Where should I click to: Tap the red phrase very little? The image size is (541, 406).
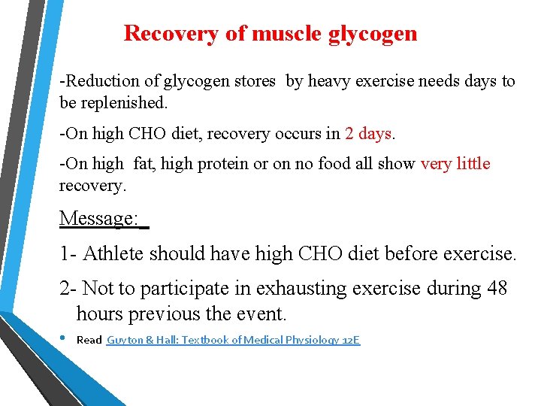[455, 164]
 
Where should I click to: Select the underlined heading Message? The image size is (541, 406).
[99, 219]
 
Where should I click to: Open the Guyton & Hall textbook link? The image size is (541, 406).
[233, 341]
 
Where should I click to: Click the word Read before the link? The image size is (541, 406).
[89, 341]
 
